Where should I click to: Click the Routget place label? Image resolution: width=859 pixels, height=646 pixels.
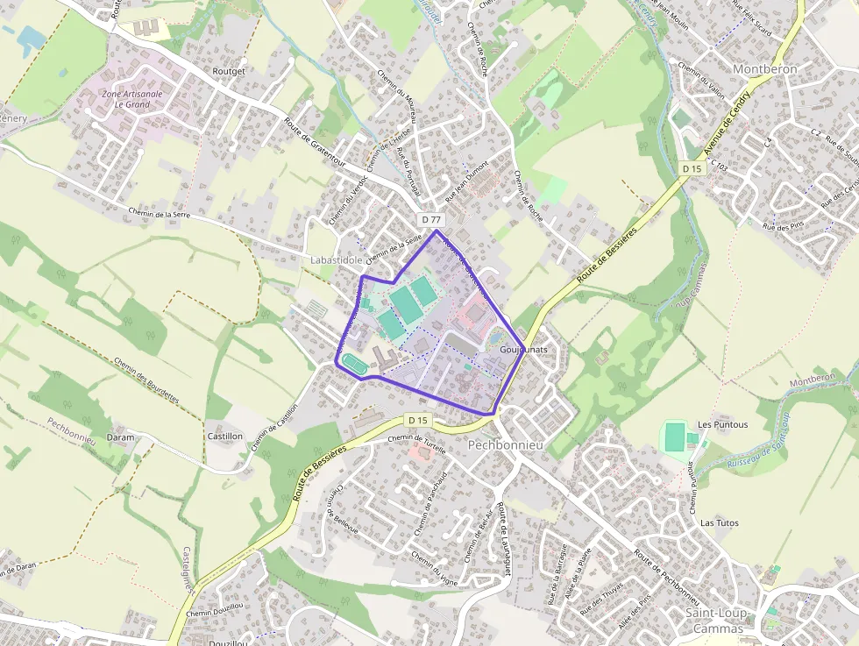click(230, 70)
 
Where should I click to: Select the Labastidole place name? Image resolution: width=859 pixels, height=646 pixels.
click(336, 260)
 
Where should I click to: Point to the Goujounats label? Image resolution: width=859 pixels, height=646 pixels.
click(523, 349)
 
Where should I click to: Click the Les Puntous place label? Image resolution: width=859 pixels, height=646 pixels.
click(723, 425)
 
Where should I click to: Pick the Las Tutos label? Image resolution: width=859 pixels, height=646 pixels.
click(719, 523)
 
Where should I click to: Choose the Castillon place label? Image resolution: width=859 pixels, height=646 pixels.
click(224, 436)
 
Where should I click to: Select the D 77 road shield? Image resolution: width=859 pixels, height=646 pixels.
click(430, 219)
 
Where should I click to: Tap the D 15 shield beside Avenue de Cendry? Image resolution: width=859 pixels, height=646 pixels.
click(692, 168)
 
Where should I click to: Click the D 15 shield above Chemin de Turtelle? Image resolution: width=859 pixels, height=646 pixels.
click(419, 421)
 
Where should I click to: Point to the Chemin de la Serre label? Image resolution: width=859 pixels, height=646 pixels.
click(159, 212)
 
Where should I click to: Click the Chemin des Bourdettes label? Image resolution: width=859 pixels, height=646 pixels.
click(146, 379)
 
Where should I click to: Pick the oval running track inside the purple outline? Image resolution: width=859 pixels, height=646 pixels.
click(354, 361)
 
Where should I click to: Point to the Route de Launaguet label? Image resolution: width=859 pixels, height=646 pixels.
click(504, 540)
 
